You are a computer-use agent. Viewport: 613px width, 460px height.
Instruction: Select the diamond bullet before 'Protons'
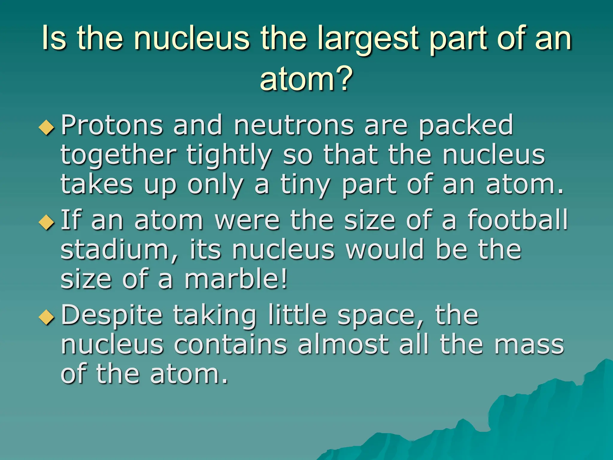click(x=47, y=128)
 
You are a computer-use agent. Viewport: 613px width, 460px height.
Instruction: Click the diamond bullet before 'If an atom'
click(x=47, y=223)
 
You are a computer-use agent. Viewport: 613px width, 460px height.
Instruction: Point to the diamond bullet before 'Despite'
click(x=47, y=318)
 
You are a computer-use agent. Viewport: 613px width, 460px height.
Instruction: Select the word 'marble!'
click(x=236, y=279)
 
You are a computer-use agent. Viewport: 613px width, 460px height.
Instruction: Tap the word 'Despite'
click(x=111, y=315)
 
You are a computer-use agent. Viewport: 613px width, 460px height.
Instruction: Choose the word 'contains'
click(x=230, y=344)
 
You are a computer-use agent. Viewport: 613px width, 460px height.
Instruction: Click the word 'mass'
click(x=529, y=344)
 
